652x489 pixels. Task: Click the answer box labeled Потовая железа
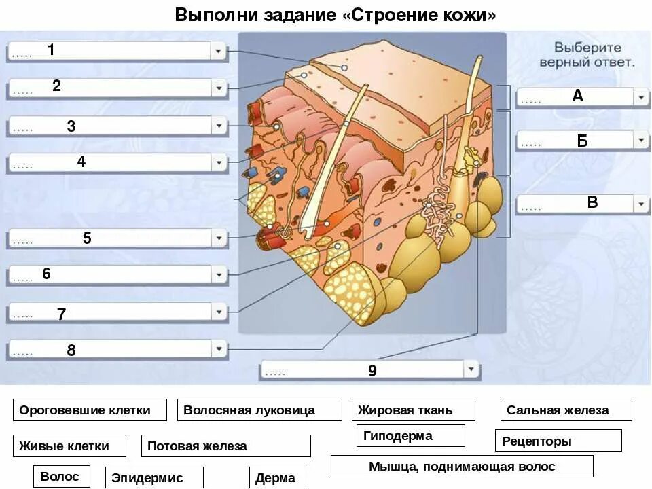(x=225, y=446)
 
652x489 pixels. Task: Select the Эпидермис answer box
(x=154, y=477)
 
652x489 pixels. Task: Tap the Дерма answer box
(x=277, y=477)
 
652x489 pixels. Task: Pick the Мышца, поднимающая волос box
(x=462, y=466)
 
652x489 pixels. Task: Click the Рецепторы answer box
(x=558, y=441)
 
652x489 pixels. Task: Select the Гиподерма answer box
(x=410, y=435)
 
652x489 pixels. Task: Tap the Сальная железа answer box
(x=566, y=410)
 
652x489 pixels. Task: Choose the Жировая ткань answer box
(x=413, y=410)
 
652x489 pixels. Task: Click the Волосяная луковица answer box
(x=259, y=410)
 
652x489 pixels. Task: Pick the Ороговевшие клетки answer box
(x=90, y=410)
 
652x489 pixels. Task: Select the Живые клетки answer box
(x=69, y=446)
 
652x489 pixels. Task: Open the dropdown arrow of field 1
(x=218, y=51)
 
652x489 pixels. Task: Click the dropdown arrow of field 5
(x=218, y=238)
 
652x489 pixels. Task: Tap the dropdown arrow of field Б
(x=641, y=140)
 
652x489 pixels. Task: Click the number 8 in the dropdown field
(x=71, y=350)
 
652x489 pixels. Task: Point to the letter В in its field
(x=592, y=202)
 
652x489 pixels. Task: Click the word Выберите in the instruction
(x=587, y=48)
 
